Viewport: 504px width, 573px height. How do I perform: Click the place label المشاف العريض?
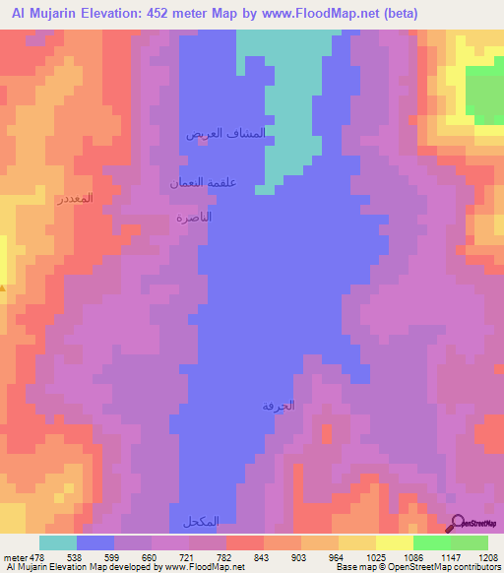226,133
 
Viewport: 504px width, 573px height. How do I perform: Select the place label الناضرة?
194,217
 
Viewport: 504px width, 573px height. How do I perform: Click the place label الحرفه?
279,406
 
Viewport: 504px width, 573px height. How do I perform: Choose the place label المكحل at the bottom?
195,521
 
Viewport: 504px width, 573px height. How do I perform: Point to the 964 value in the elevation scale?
320,556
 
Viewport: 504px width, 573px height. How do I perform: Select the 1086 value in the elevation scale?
394,556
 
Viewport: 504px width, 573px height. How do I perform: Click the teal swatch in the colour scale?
58,542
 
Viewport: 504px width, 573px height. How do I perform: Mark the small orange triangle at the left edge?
3,287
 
